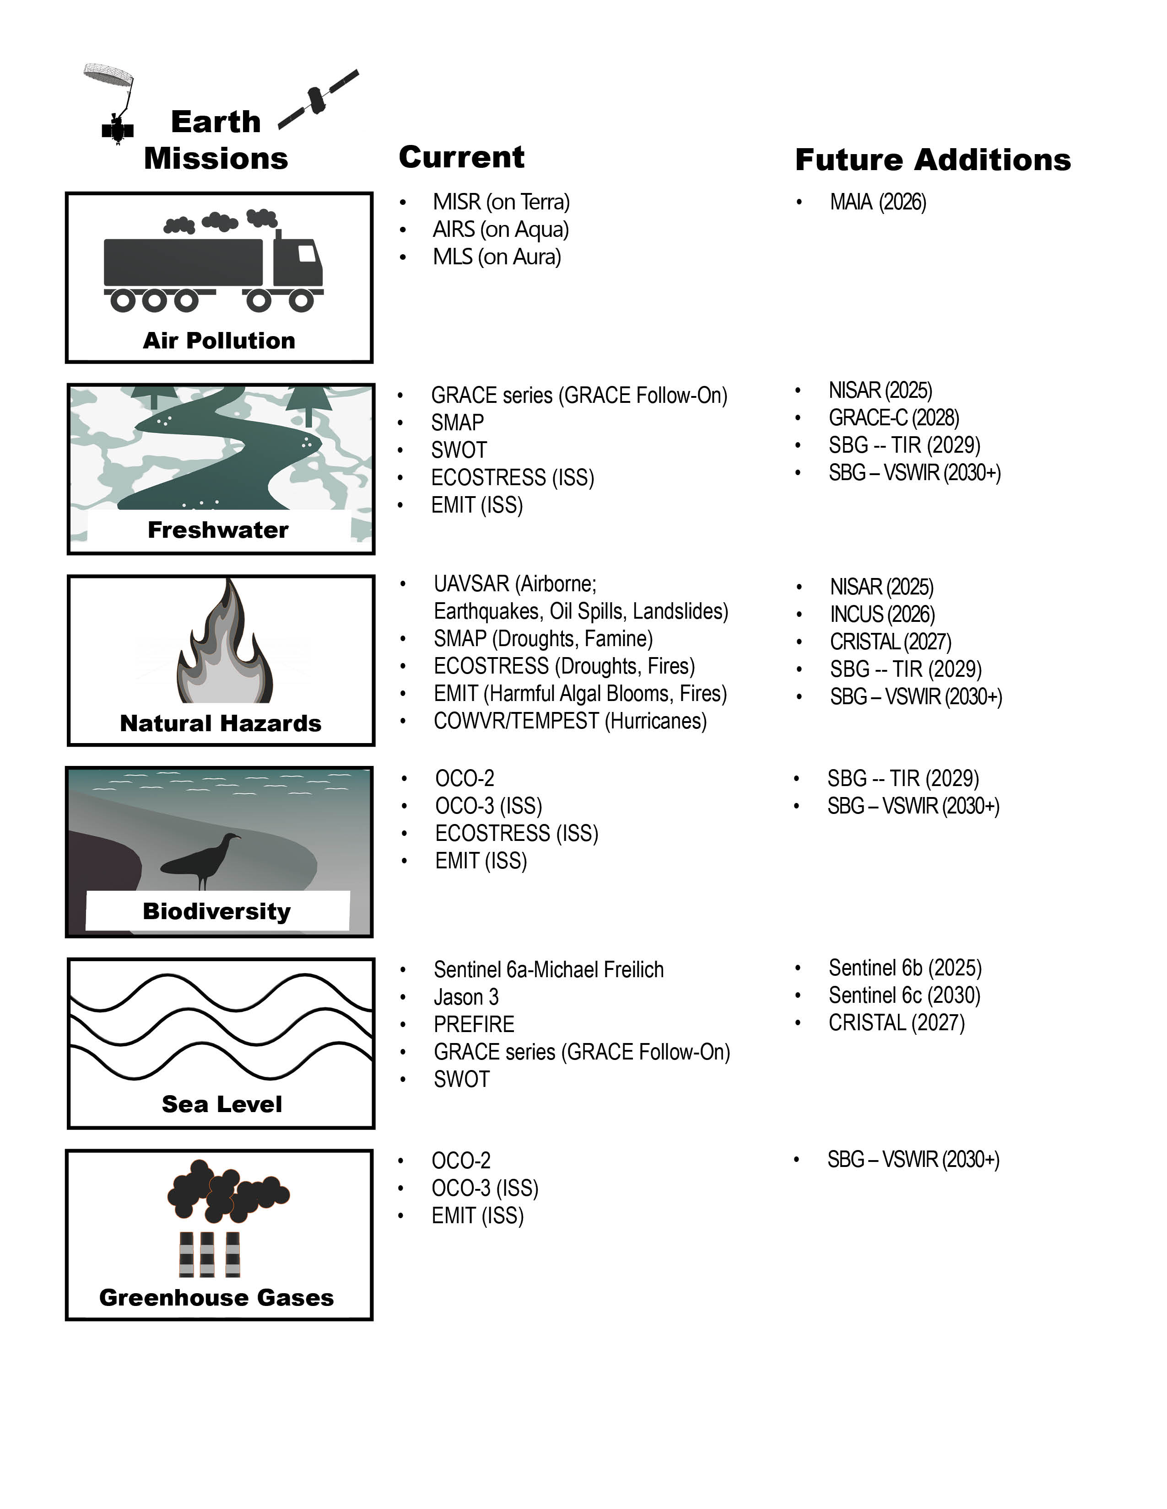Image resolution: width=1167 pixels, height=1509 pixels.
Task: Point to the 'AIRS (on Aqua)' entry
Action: point(501,230)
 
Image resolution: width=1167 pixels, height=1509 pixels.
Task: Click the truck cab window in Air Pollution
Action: point(307,254)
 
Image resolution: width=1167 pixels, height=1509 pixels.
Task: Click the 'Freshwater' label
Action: point(218,530)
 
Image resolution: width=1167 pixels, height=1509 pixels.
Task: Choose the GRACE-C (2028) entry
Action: point(893,418)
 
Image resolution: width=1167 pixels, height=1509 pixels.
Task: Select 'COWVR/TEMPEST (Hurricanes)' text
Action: point(570,721)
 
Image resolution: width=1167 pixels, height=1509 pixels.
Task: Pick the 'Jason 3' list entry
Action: point(465,997)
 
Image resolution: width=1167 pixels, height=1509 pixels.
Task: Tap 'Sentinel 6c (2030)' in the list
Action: point(904,995)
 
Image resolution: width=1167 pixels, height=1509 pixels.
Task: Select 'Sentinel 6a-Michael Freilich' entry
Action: point(548,970)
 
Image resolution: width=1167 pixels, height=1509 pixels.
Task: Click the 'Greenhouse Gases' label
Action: point(216,1298)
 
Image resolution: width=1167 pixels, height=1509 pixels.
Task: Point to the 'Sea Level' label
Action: point(221,1104)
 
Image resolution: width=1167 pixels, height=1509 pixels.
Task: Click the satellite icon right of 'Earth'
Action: point(318,100)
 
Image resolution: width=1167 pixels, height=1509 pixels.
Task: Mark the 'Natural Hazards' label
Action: point(221,723)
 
